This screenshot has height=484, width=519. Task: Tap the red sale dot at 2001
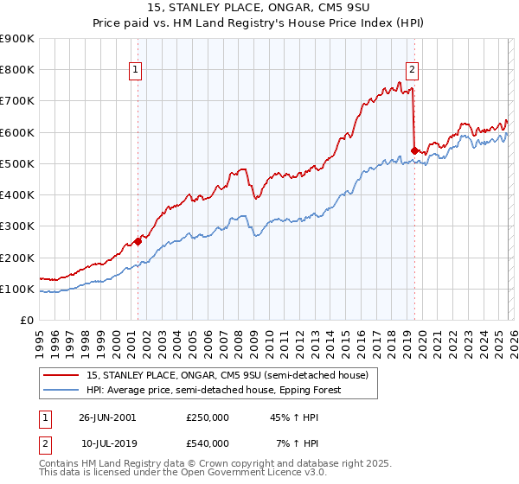[138, 242]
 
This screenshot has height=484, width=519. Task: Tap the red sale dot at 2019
[414, 150]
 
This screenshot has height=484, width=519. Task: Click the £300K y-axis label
[17, 226]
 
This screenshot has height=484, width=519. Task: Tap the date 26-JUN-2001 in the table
[107, 417]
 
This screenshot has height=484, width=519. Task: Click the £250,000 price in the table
[208, 417]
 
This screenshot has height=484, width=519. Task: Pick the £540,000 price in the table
[208, 443]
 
